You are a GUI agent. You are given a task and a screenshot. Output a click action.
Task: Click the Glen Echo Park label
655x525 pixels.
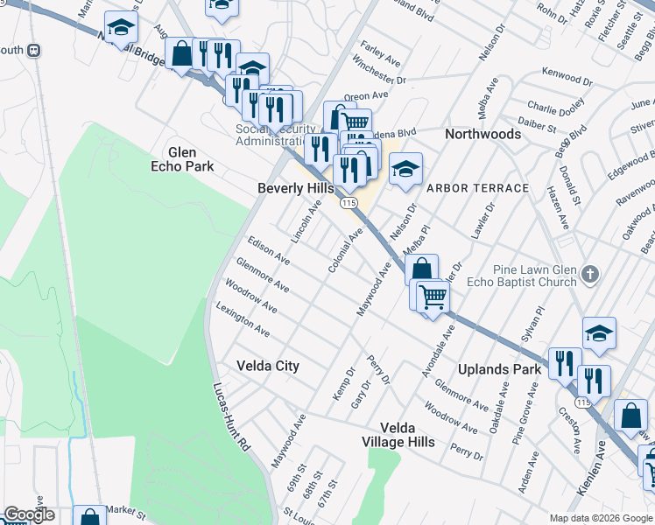pos(183,158)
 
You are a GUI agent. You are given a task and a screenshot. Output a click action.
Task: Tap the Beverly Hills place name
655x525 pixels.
pos(296,188)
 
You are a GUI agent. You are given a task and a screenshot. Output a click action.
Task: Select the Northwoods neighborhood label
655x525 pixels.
pos(482,134)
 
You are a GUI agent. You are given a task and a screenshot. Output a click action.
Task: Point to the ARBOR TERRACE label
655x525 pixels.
pos(477,188)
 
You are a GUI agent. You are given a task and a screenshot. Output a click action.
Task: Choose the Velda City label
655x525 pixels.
pos(269,366)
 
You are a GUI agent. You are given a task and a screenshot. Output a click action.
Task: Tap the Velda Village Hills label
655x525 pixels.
pos(407,435)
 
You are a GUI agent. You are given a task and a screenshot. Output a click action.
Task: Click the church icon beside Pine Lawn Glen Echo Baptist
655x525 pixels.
pos(591,276)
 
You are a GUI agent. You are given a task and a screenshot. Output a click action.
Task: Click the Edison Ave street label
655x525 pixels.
pos(268,249)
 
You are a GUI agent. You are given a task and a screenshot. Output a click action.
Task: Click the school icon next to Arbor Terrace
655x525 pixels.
pos(405,170)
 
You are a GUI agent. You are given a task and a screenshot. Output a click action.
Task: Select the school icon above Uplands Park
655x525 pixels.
pos(599,333)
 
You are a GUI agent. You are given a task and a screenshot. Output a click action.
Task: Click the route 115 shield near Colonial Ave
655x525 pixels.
pos(349,203)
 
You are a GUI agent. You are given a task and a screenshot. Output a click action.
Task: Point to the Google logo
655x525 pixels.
pos(28,515)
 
